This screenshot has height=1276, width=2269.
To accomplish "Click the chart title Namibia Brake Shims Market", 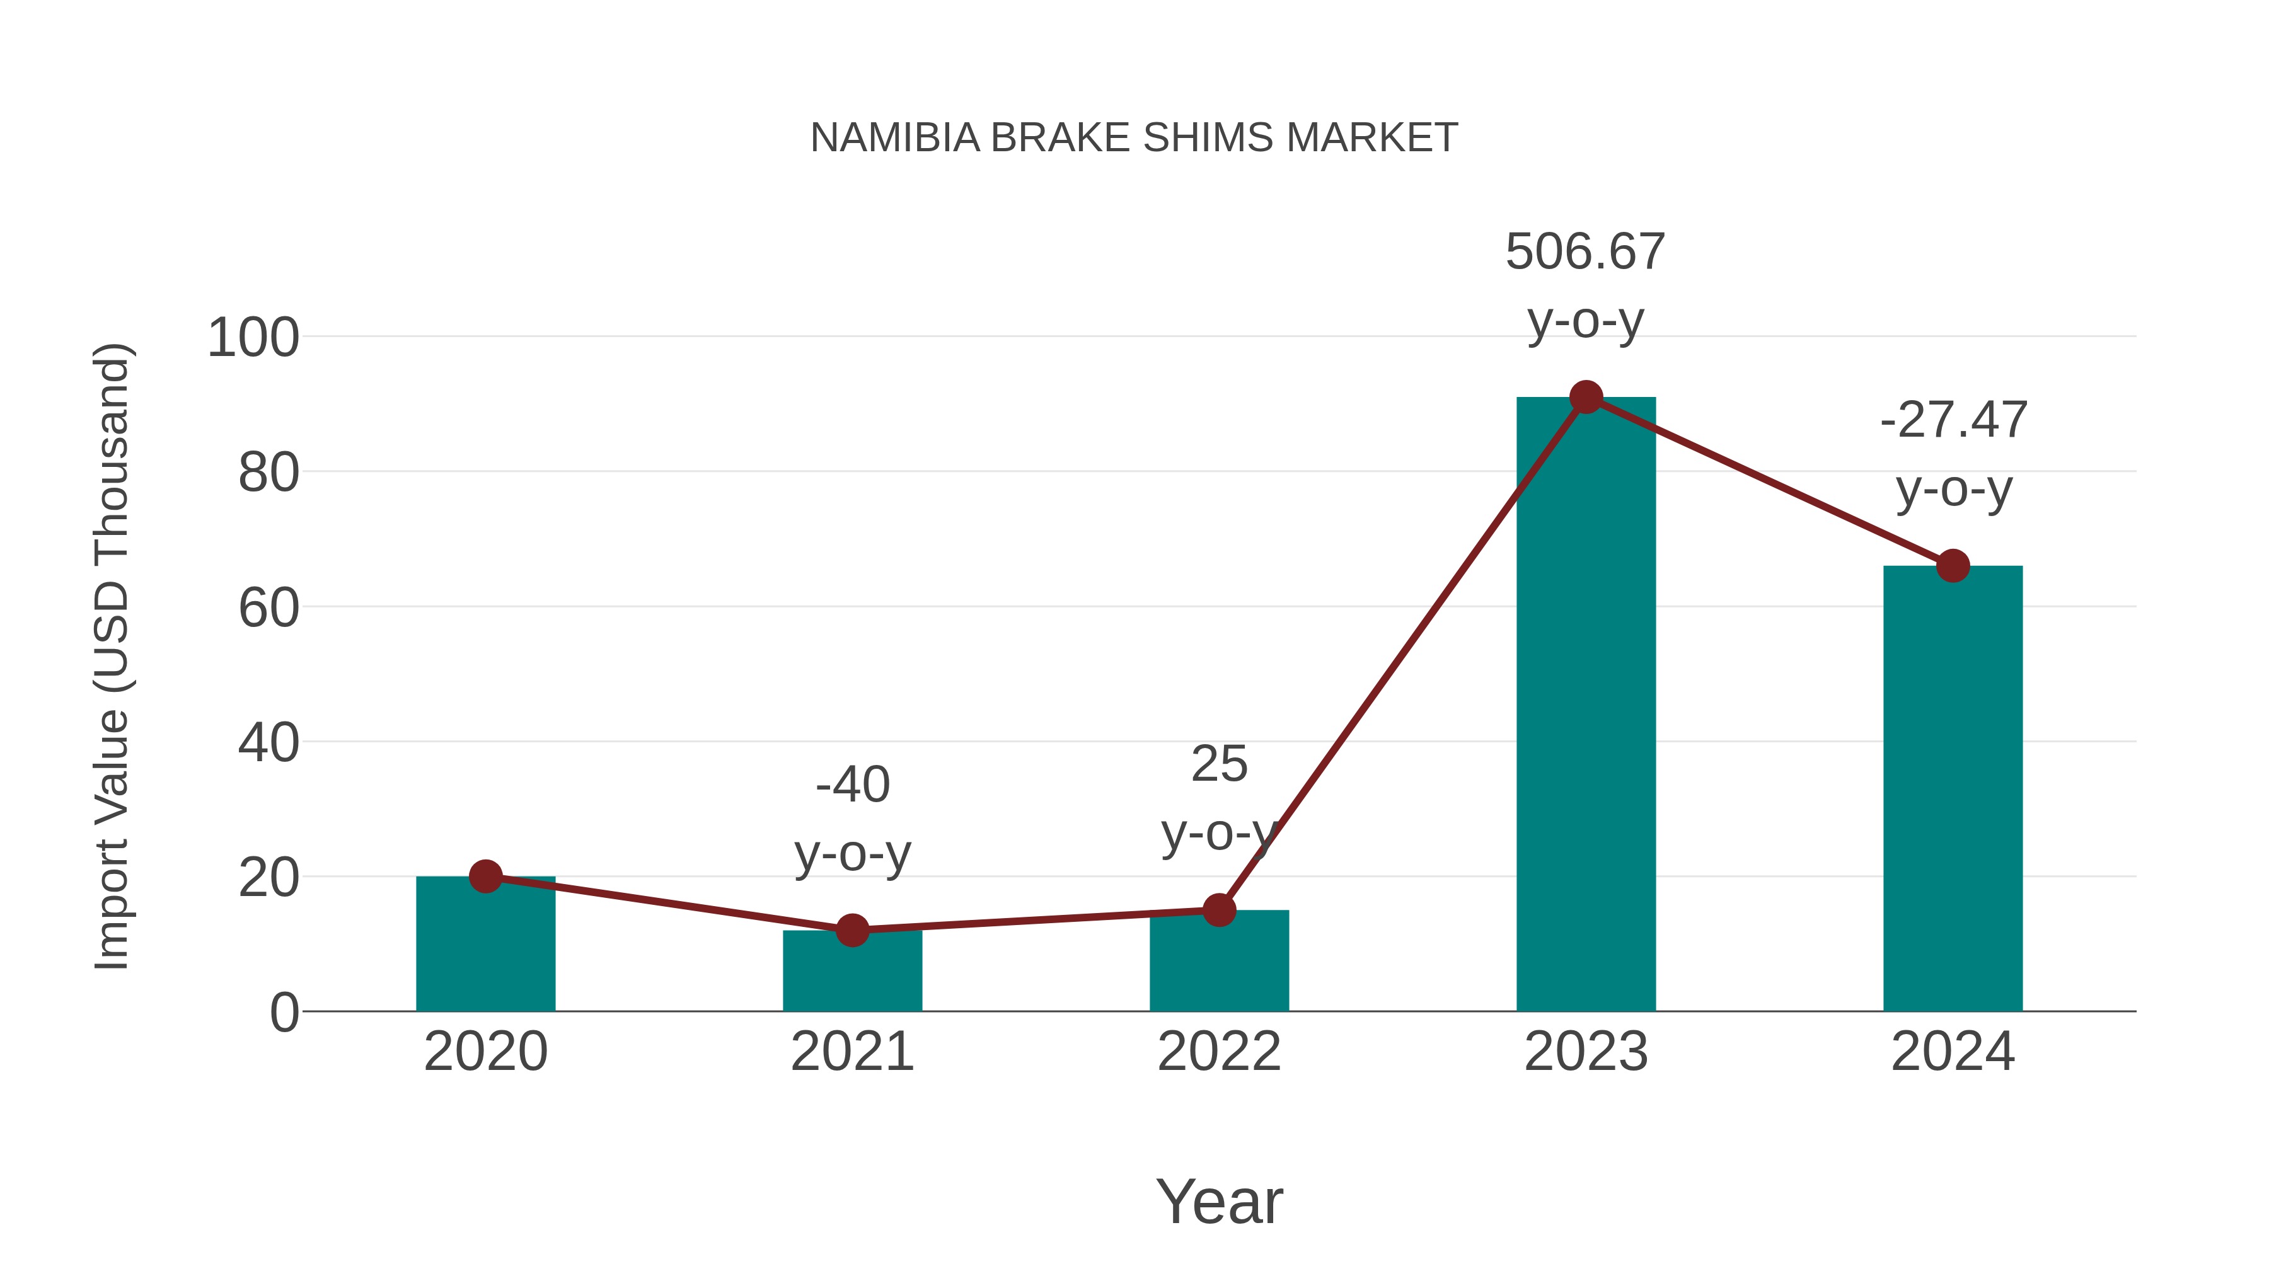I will tap(1134, 138).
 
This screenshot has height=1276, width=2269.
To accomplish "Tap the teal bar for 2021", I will tap(852, 973).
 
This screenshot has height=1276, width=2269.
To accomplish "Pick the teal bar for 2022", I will tap(1219, 964).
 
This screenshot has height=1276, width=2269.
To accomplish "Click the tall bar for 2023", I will tap(1586, 704).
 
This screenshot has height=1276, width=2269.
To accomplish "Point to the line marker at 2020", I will tap(485, 877).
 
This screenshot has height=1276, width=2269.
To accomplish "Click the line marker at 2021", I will tap(852, 930).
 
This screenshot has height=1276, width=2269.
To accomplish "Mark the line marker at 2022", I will tap(1219, 910).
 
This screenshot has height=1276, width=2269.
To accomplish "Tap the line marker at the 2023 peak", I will tap(1586, 397).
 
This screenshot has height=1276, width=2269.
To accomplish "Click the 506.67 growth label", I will tap(1586, 253).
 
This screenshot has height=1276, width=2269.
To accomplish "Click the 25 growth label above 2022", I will tap(1219, 764).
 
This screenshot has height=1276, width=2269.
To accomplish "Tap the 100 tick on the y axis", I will tap(253, 338).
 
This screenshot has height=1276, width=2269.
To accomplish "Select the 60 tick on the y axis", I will tap(268, 609).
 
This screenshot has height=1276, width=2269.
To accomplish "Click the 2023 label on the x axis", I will tap(1586, 1052).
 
